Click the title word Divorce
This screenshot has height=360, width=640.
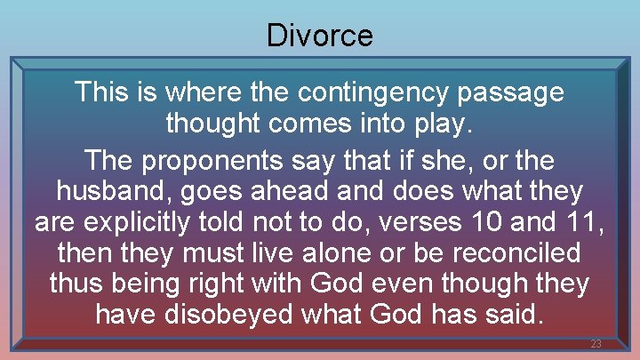[x=320, y=36]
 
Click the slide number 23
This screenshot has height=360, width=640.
[x=596, y=344]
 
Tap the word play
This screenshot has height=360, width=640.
[x=440, y=124]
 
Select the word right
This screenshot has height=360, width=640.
[x=228, y=284]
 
